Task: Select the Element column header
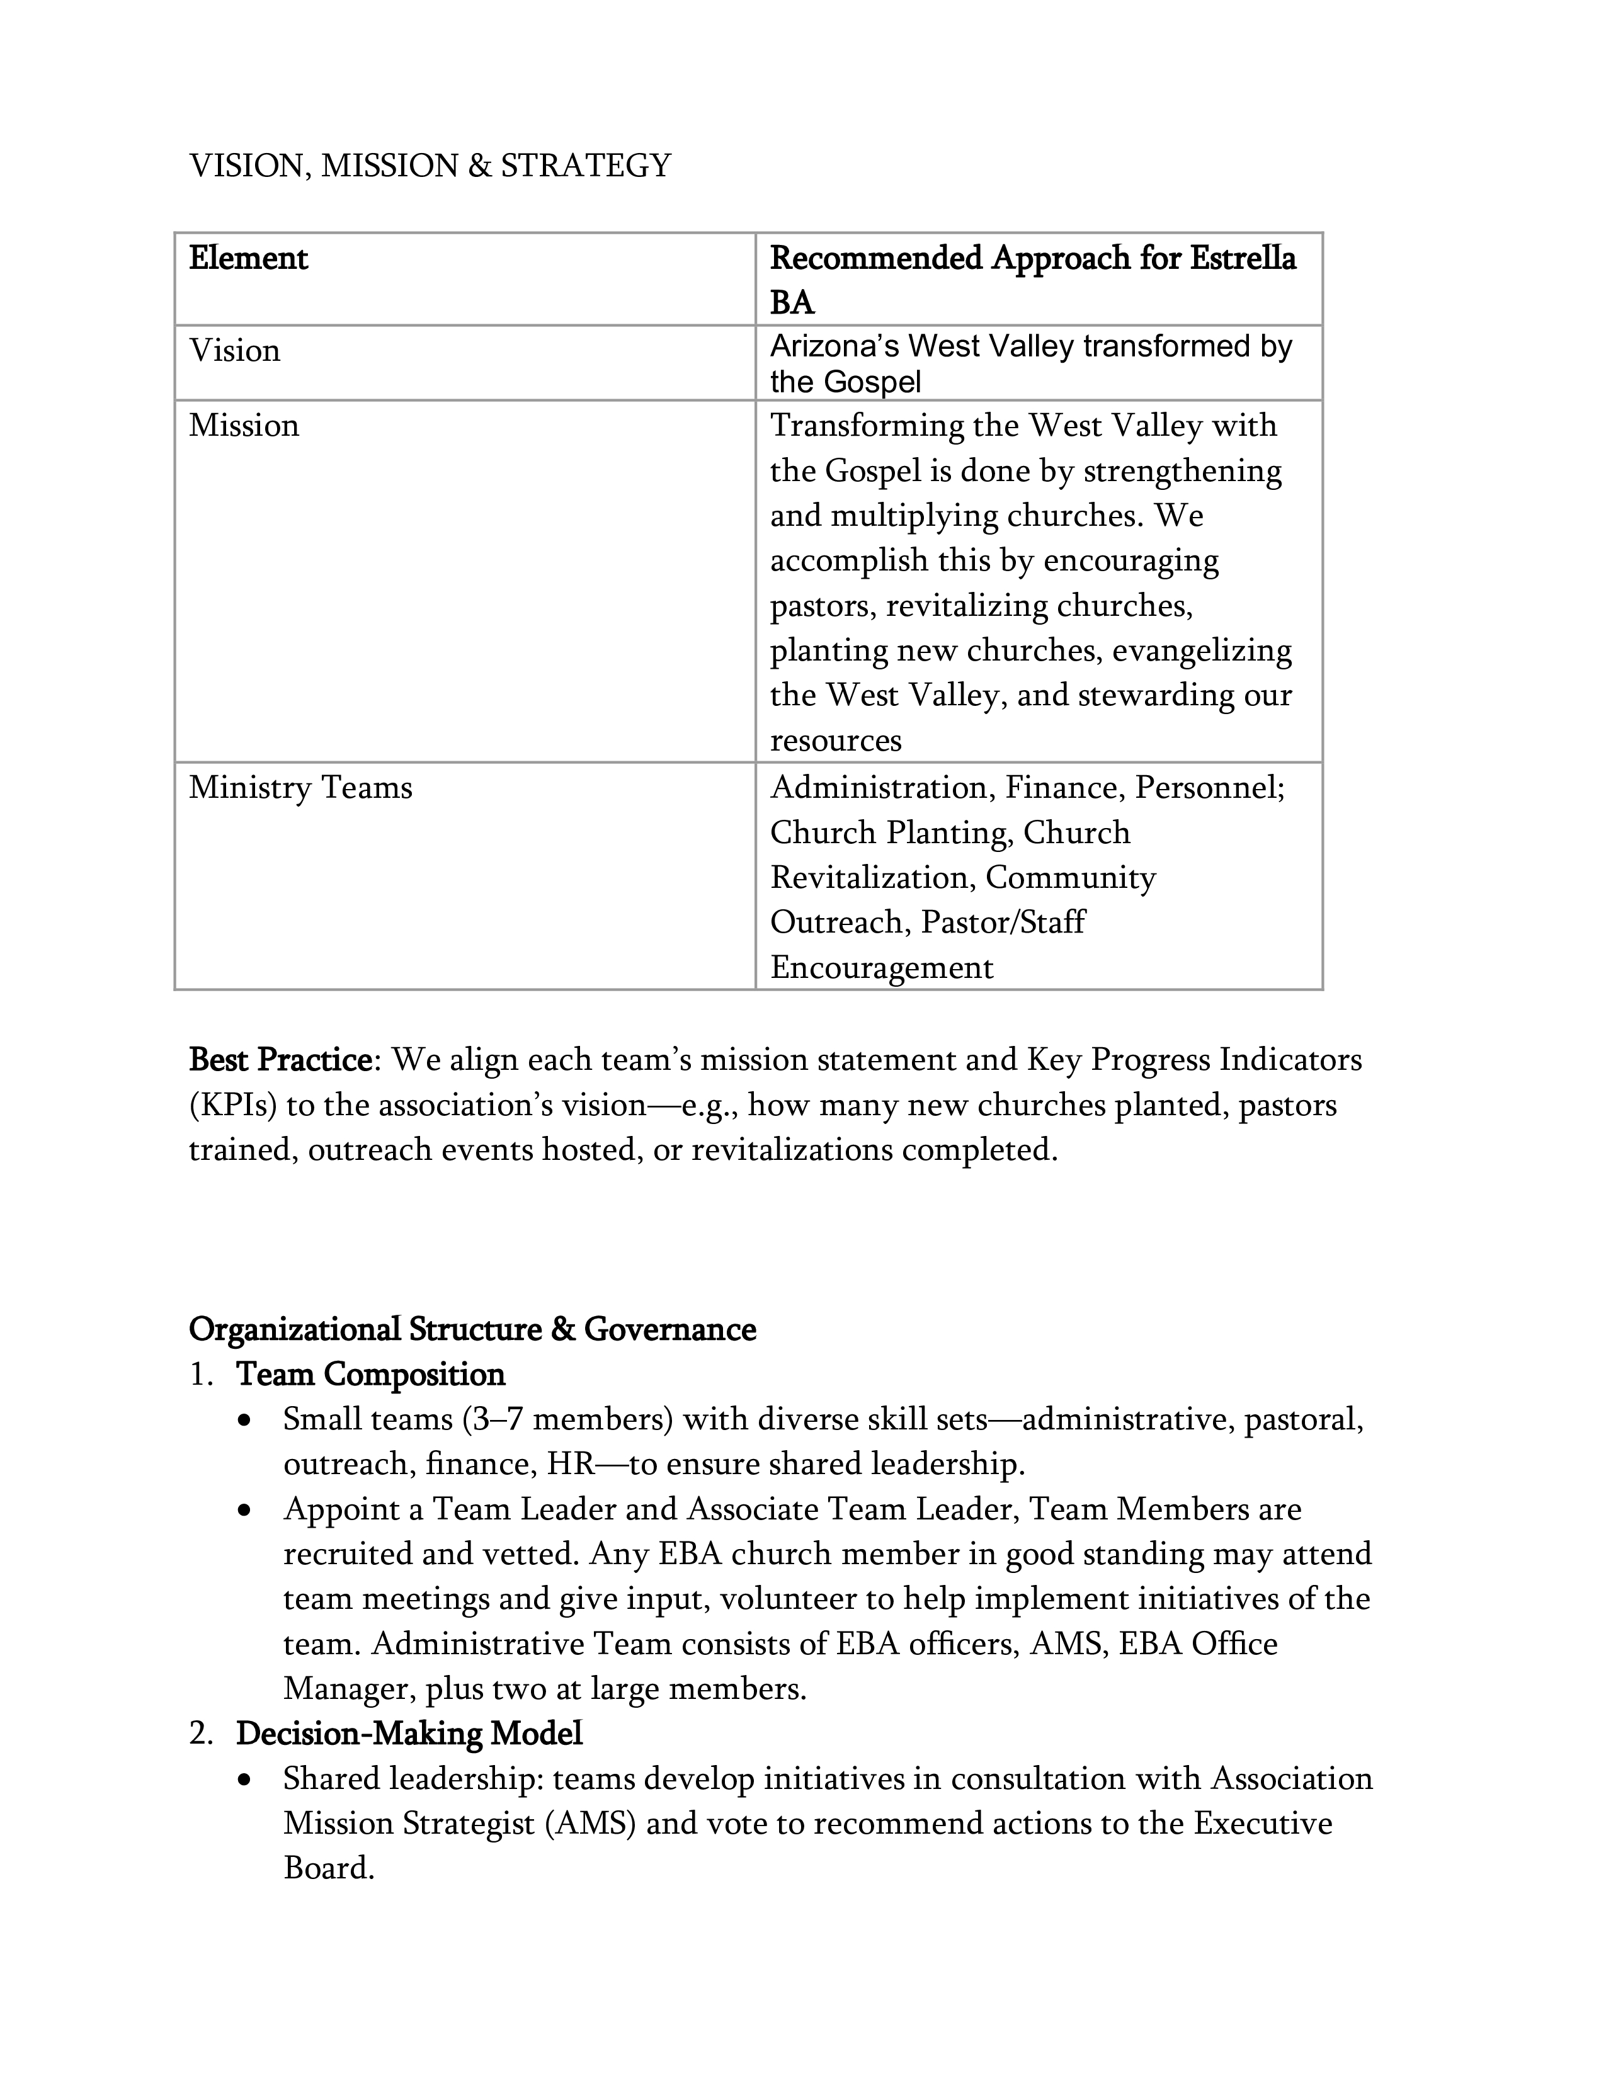click(248, 259)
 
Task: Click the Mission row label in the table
click(244, 425)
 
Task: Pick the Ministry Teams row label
click(300, 788)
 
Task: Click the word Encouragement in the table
click(881, 968)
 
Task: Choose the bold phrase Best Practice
click(280, 1060)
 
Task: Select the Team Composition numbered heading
click(370, 1375)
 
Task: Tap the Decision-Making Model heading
click(409, 1734)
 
